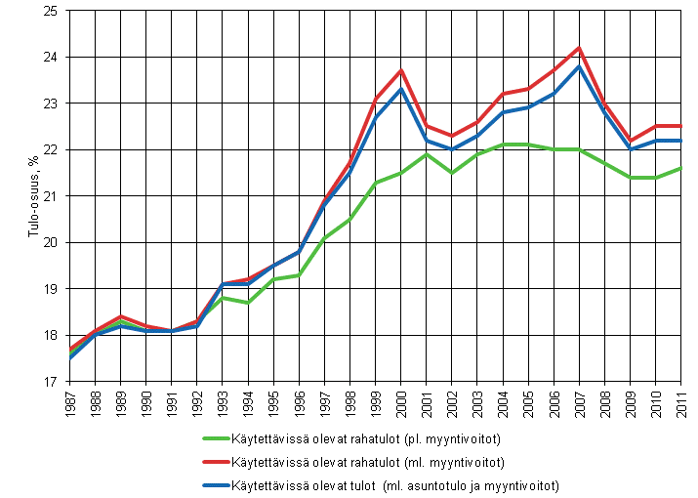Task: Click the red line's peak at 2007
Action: click(579, 48)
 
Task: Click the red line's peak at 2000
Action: click(401, 70)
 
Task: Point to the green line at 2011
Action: click(680, 168)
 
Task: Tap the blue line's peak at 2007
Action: click(579, 66)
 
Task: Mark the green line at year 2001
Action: click(427, 154)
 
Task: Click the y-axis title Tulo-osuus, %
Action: click(17, 196)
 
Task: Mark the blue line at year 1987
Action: click(71, 358)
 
